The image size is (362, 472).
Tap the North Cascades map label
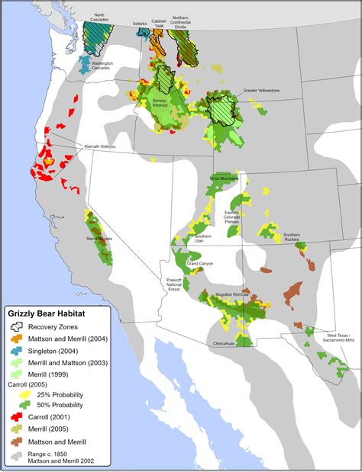pos(94,18)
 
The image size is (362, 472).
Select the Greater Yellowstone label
pos(261,91)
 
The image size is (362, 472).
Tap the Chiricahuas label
pos(227,343)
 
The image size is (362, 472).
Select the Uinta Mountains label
pos(223,178)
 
